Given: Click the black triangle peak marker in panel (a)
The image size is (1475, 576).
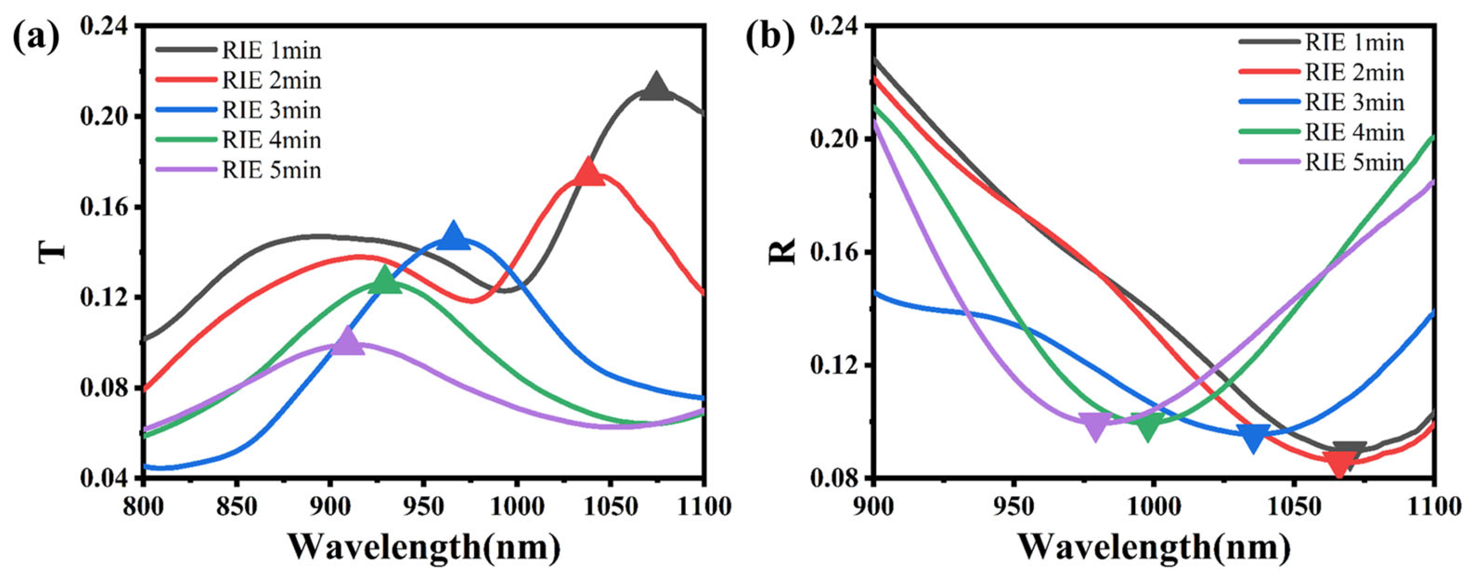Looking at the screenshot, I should point(656,88).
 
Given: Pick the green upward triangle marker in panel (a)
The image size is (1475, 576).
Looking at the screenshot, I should point(385,281).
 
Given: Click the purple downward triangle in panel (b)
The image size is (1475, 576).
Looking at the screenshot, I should point(1095,427).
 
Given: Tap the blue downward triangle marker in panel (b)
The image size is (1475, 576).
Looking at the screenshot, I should point(1253,437).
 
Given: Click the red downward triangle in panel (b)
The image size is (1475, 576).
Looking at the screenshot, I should point(1339,463).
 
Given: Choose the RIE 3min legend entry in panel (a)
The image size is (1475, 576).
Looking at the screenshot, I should point(271,110).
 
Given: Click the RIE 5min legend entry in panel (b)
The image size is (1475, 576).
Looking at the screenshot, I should point(1354,163).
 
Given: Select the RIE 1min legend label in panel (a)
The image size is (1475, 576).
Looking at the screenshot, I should point(271,50).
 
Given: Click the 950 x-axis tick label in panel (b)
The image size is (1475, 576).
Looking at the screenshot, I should point(1014,507).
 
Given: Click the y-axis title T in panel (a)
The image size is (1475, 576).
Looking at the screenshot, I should point(51,252).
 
